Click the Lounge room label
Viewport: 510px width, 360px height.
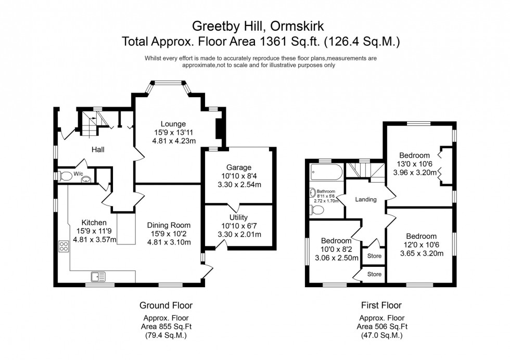coord(173,124)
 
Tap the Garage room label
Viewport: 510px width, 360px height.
coord(238,168)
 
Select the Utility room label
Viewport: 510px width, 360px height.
coord(238,217)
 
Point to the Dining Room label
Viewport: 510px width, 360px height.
coord(169,225)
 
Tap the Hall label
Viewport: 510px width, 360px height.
coord(98,150)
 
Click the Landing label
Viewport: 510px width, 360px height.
coord(365,199)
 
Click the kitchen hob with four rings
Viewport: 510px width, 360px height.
coord(65,247)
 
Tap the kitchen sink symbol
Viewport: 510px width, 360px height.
coord(98,276)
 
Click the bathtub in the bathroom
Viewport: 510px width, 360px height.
coord(325,171)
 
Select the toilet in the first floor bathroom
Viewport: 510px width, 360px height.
coord(317,210)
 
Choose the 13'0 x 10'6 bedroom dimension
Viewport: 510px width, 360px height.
coord(414,164)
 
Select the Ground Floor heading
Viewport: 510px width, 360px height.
coord(162,305)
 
